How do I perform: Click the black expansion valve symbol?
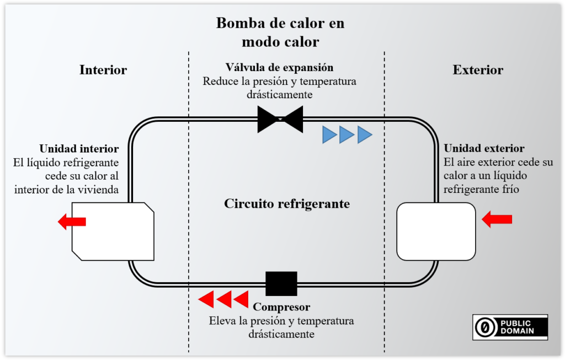[x=280, y=119]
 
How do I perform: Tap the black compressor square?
[x=281, y=283]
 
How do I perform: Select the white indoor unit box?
[x=113, y=231]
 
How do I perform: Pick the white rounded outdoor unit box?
[x=436, y=231]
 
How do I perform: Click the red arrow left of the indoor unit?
[x=72, y=222]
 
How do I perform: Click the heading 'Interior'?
[x=103, y=70]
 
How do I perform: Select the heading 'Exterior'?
[x=478, y=70]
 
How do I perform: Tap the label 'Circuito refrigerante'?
[x=287, y=203]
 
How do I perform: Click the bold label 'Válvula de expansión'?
[x=279, y=67]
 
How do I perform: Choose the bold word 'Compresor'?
[x=281, y=307]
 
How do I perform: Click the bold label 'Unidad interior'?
[x=79, y=149]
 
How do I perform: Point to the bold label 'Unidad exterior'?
[x=484, y=148]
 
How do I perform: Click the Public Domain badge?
[x=510, y=327]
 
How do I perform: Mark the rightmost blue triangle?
[x=365, y=135]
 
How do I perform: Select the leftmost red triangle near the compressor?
[x=206, y=299]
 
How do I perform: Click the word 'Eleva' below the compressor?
[x=221, y=321]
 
